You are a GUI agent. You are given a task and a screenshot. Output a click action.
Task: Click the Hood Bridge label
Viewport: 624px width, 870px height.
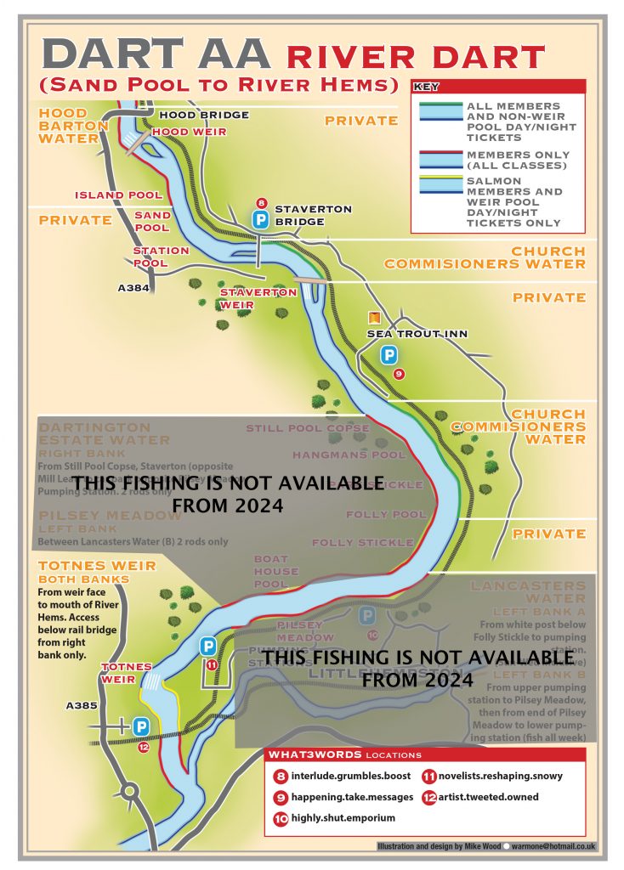pos(204,116)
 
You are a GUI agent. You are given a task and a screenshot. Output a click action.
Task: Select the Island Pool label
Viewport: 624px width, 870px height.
pos(118,195)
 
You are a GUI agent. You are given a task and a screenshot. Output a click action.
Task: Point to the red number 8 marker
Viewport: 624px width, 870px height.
pos(262,203)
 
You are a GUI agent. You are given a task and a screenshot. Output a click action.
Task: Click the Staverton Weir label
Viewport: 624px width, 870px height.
pos(258,297)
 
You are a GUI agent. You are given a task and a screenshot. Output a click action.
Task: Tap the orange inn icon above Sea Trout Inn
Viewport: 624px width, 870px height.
pos(372,317)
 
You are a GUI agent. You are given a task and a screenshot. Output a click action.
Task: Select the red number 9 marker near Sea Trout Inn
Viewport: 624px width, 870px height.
pos(398,374)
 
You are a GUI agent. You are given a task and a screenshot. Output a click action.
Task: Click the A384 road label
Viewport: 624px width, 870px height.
pos(133,288)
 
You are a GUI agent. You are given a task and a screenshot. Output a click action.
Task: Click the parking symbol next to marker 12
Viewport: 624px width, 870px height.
pos(141,727)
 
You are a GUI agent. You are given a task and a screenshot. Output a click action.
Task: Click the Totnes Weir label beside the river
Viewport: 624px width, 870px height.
pos(127,672)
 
